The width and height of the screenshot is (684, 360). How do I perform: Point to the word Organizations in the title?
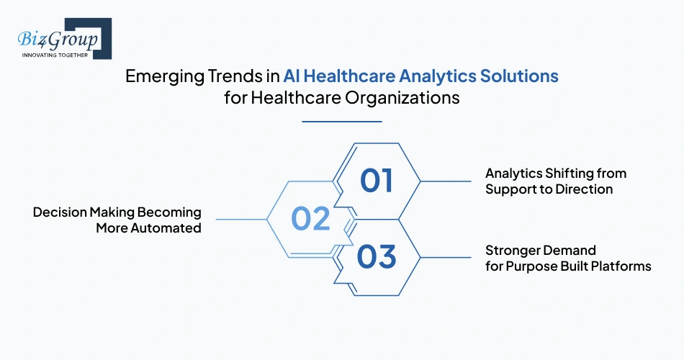click(x=405, y=98)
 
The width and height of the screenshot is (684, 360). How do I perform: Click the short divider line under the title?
click(x=341, y=122)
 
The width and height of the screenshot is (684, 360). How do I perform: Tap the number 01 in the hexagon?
click(x=377, y=181)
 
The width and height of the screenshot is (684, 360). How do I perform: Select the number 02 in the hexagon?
click(x=310, y=218)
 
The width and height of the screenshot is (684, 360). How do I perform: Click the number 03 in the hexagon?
click(x=377, y=257)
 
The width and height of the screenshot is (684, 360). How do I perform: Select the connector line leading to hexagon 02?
click(x=241, y=219)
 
